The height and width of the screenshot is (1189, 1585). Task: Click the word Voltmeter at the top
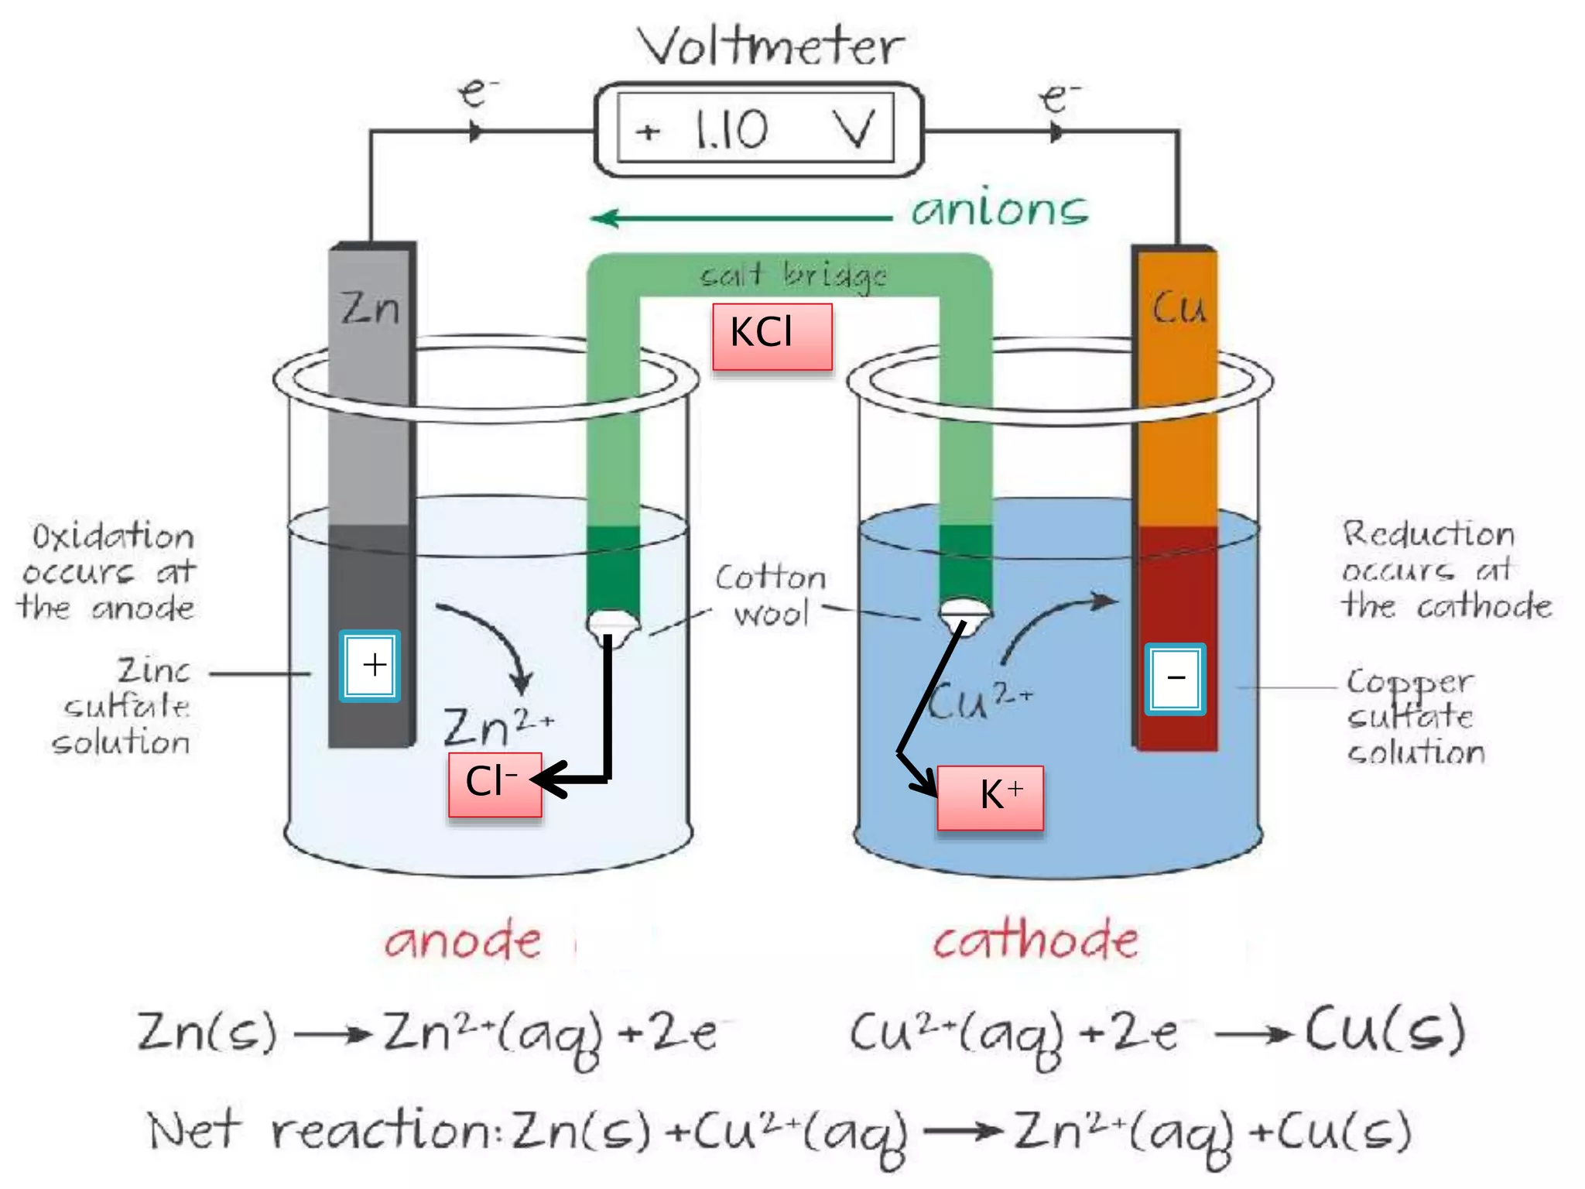click(x=771, y=47)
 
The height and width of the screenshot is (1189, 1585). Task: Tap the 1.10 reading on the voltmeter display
click(x=731, y=130)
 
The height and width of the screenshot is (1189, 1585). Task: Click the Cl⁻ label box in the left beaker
click(x=494, y=783)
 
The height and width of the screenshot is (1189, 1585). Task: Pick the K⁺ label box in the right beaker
click(x=991, y=797)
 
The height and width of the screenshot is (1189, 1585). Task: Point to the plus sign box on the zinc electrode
click(x=370, y=666)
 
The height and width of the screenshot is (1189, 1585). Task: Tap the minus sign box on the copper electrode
click(x=1175, y=679)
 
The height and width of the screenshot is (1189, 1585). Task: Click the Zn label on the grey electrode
click(x=371, y=308)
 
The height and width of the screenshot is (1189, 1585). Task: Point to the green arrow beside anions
click(x=739, y=218)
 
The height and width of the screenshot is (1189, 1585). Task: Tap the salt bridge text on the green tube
click(x=793, y=276)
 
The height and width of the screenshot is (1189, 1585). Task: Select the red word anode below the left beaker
click(x=463, y=941)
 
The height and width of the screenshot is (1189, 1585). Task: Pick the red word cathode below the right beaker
click(x=1036, y=940)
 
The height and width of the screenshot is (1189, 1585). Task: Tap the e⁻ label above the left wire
click(x=477, y=93)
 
